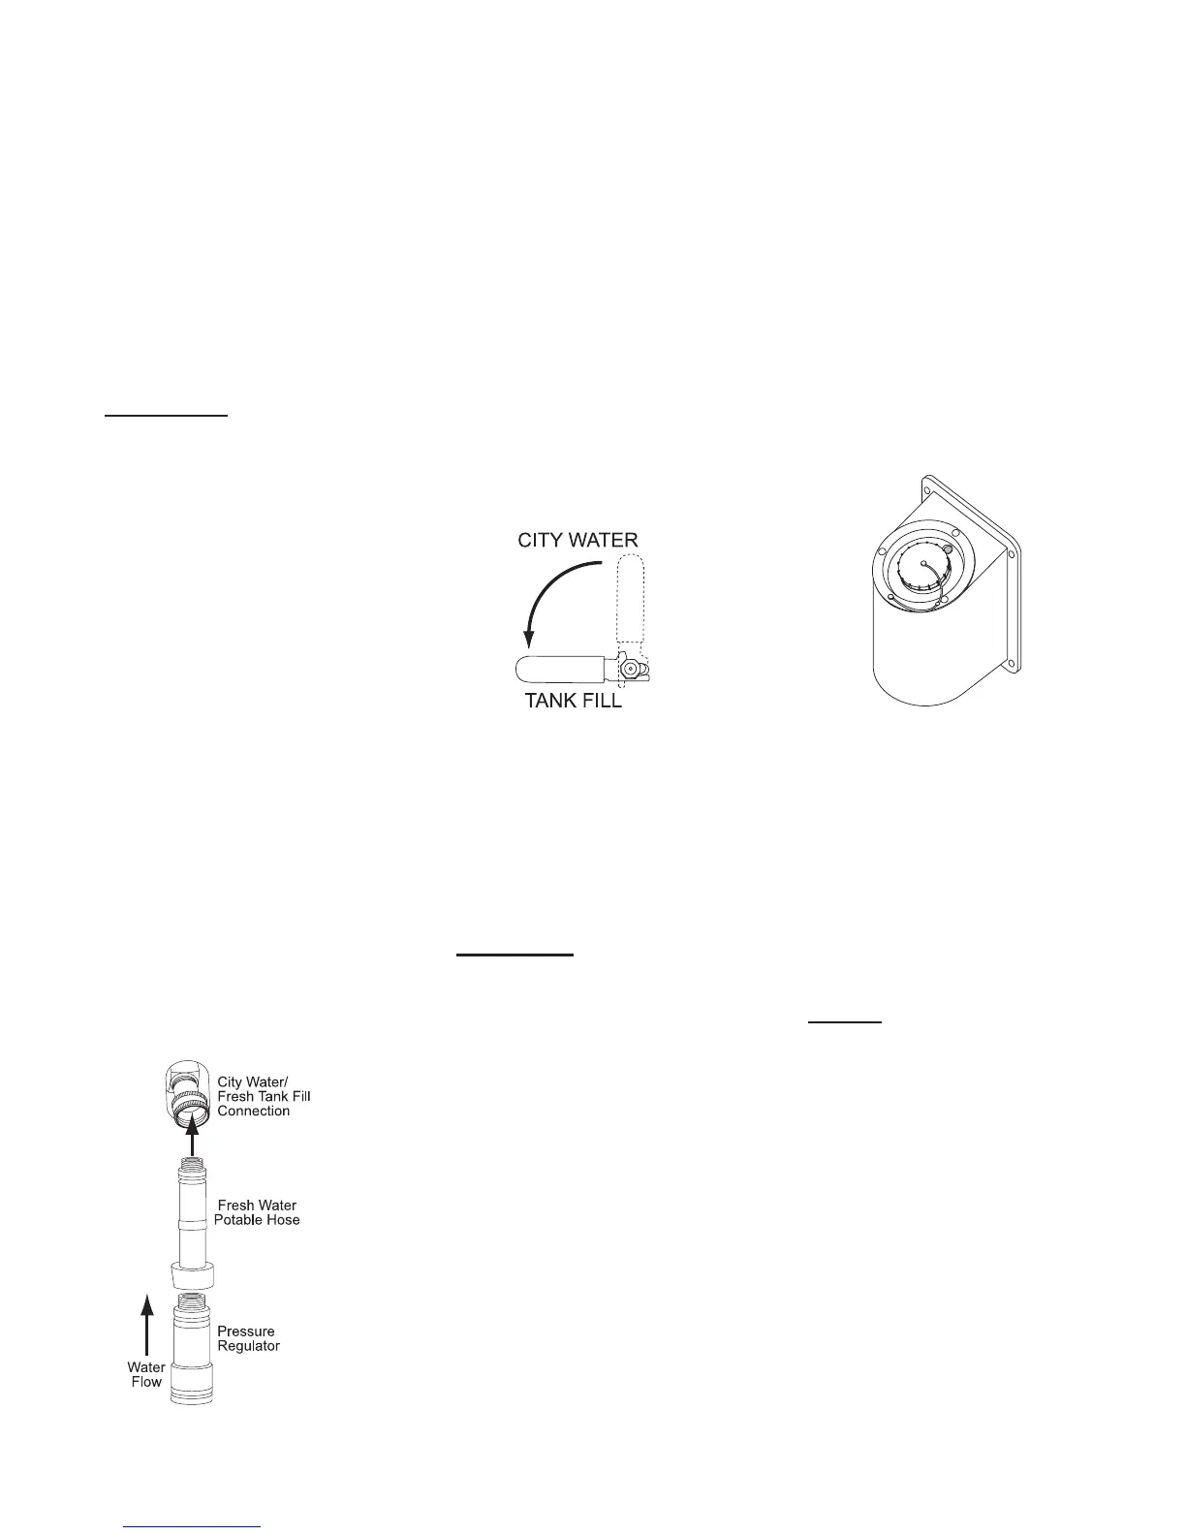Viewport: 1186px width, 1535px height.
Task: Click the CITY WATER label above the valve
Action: click(577, 539)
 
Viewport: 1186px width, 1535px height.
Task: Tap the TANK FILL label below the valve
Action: click(573, 701)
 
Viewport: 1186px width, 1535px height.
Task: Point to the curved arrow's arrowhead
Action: click(529, 641)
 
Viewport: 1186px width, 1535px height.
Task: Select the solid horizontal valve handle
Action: click(561, 670)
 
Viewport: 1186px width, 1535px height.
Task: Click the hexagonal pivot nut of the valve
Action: click(631, 669)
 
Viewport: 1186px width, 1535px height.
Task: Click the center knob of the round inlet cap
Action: click(924, 563)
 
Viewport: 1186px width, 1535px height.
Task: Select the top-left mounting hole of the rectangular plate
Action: click(930, 480)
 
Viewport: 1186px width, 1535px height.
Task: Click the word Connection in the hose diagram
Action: click(254, 1111)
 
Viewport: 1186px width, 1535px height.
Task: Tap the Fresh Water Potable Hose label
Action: click(257, 1212)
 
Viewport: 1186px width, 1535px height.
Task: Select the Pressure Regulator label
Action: click(248, 1338)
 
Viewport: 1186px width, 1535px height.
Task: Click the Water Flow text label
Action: click(146, 1374)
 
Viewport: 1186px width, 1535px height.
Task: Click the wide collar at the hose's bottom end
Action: click(192, 1275)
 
